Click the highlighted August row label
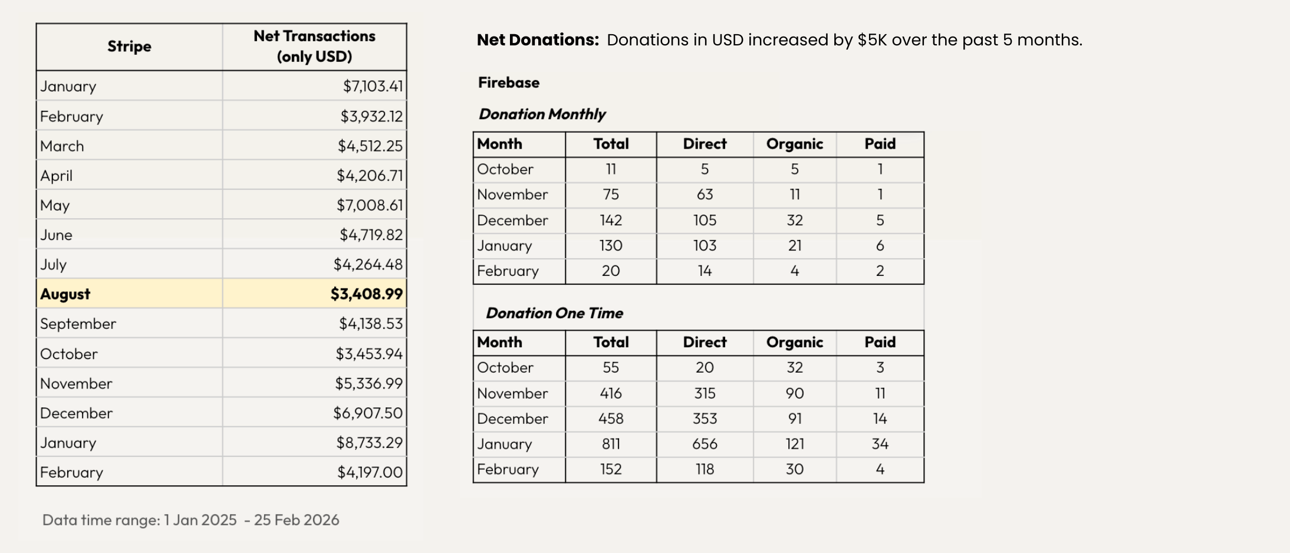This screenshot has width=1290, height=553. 65,294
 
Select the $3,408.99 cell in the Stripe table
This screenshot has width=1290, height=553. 366,294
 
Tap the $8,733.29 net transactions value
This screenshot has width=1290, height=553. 369,442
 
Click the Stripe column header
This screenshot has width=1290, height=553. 129,47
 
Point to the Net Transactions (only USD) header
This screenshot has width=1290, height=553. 314,46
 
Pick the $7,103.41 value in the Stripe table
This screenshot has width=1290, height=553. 373,86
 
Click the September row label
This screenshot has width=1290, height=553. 78,324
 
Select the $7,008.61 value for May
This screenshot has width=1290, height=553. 370,205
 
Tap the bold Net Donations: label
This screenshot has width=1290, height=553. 538,40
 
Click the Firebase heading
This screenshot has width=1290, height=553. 508,83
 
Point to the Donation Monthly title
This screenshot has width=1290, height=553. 542,114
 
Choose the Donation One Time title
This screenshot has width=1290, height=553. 554,313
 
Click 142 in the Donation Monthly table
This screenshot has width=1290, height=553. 611,220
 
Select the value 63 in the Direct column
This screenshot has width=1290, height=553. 705,195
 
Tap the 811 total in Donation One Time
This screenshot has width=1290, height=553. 611,444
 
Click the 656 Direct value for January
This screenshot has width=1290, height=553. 705,444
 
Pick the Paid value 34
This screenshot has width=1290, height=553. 880,444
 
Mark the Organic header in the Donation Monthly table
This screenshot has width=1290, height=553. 794,144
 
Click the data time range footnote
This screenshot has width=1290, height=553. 190,520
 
